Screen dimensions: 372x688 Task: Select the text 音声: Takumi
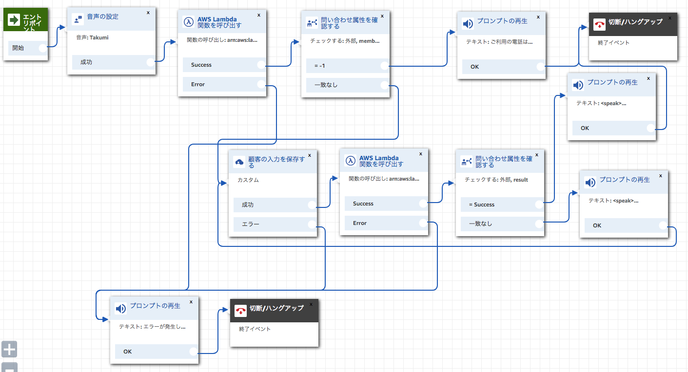pos(92,37)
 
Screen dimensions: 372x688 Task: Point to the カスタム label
pos(248,180)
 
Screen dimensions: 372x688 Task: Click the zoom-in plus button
pos(9,349)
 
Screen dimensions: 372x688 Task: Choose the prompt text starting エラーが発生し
pos(152,327)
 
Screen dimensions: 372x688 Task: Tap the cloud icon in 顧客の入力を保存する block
pos(239,162)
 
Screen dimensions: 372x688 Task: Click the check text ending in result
pos(496,180)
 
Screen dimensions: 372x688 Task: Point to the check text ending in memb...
pos(345,41)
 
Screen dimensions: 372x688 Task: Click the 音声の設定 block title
pos(102,17)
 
